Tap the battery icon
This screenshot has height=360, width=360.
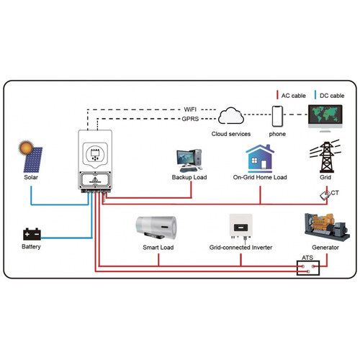click(32, 234)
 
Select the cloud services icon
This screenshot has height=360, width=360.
click(231, 116)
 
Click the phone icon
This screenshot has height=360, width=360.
click(277, 117)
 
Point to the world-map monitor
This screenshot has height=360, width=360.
click(325, 118)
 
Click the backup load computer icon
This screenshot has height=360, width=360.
click(189, 161)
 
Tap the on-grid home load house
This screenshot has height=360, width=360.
click(260, 158)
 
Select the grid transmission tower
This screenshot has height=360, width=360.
click(325, 156)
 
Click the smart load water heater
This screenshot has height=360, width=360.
click(156, 228)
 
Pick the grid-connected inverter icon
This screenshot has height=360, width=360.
click(240, 226)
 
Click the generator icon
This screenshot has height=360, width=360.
click(327, 227)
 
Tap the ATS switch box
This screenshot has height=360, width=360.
click(308, 268)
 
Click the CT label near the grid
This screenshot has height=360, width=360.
click(335, 193)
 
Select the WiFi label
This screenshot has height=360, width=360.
click(190, 109)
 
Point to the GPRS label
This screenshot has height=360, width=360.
click(190, 119)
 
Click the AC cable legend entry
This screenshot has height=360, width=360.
click(291, 95)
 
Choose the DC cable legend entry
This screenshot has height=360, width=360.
click(329, 95)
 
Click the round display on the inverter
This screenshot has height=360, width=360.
click(95, 153)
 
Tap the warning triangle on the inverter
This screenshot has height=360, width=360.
click(95, 179)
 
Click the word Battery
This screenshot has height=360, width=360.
click(31, 247)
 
